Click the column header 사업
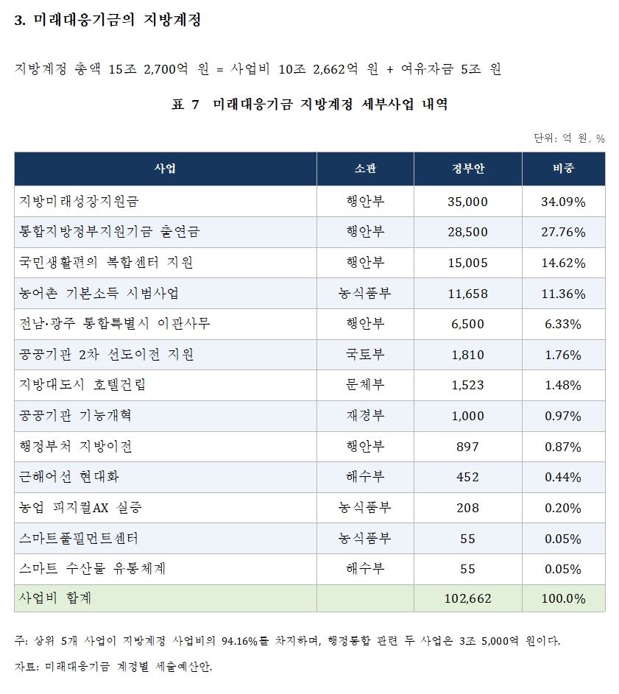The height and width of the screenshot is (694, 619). [x=165, y=169]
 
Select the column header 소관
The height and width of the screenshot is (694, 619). [x=365, y=169]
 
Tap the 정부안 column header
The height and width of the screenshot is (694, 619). [x=468, y=169]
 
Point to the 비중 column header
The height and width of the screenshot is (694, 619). [x=563, y=169]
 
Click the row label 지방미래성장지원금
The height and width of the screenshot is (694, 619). [x=79, y=202]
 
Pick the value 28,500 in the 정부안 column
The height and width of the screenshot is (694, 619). [x=467, y=232]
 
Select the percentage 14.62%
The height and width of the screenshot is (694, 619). [x=563, y=263]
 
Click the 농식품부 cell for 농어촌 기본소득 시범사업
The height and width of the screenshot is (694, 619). [x=365, y=294]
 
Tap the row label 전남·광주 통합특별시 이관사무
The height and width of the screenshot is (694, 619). [x=114, y=324]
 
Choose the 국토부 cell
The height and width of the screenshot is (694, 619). [x=365, y=355]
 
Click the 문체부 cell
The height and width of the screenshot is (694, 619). [x=365, y=385]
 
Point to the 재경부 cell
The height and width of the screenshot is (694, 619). [x=365, y=416]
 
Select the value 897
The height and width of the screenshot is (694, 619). [x=467, y=447]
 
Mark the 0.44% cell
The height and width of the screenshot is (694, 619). [x=563, y=477]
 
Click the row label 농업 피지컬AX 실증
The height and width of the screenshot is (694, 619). [x=80, y=508]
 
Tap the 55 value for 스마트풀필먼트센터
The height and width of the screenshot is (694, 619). [x=467, y=539]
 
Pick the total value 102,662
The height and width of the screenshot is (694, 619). [x=467, y=599]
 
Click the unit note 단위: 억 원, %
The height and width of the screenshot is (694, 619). [x=569, y=138]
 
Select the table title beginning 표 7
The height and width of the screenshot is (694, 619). [x=310, y=105]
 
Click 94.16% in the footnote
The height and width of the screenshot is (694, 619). [x=239, y=641]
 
